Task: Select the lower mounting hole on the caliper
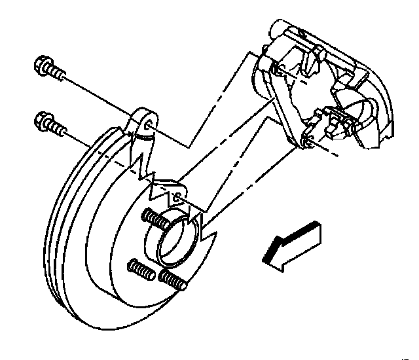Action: coord(306,137)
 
